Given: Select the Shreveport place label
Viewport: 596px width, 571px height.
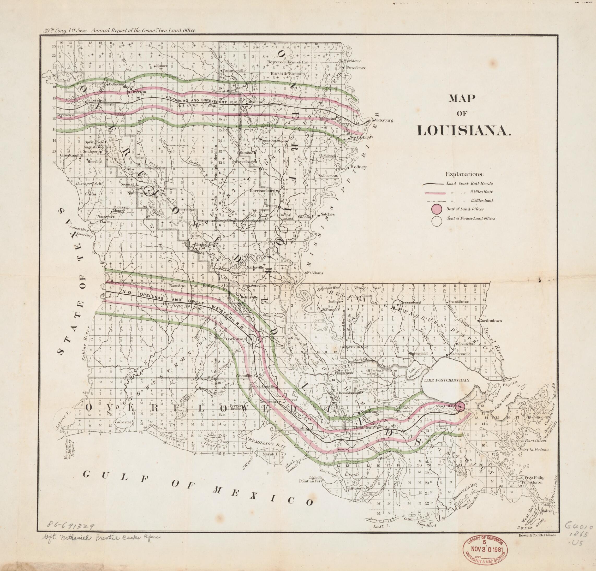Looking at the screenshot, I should (97, 100).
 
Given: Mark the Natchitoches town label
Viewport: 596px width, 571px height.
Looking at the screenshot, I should (131, 193).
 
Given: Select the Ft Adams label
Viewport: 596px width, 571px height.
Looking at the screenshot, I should (315, 273).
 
